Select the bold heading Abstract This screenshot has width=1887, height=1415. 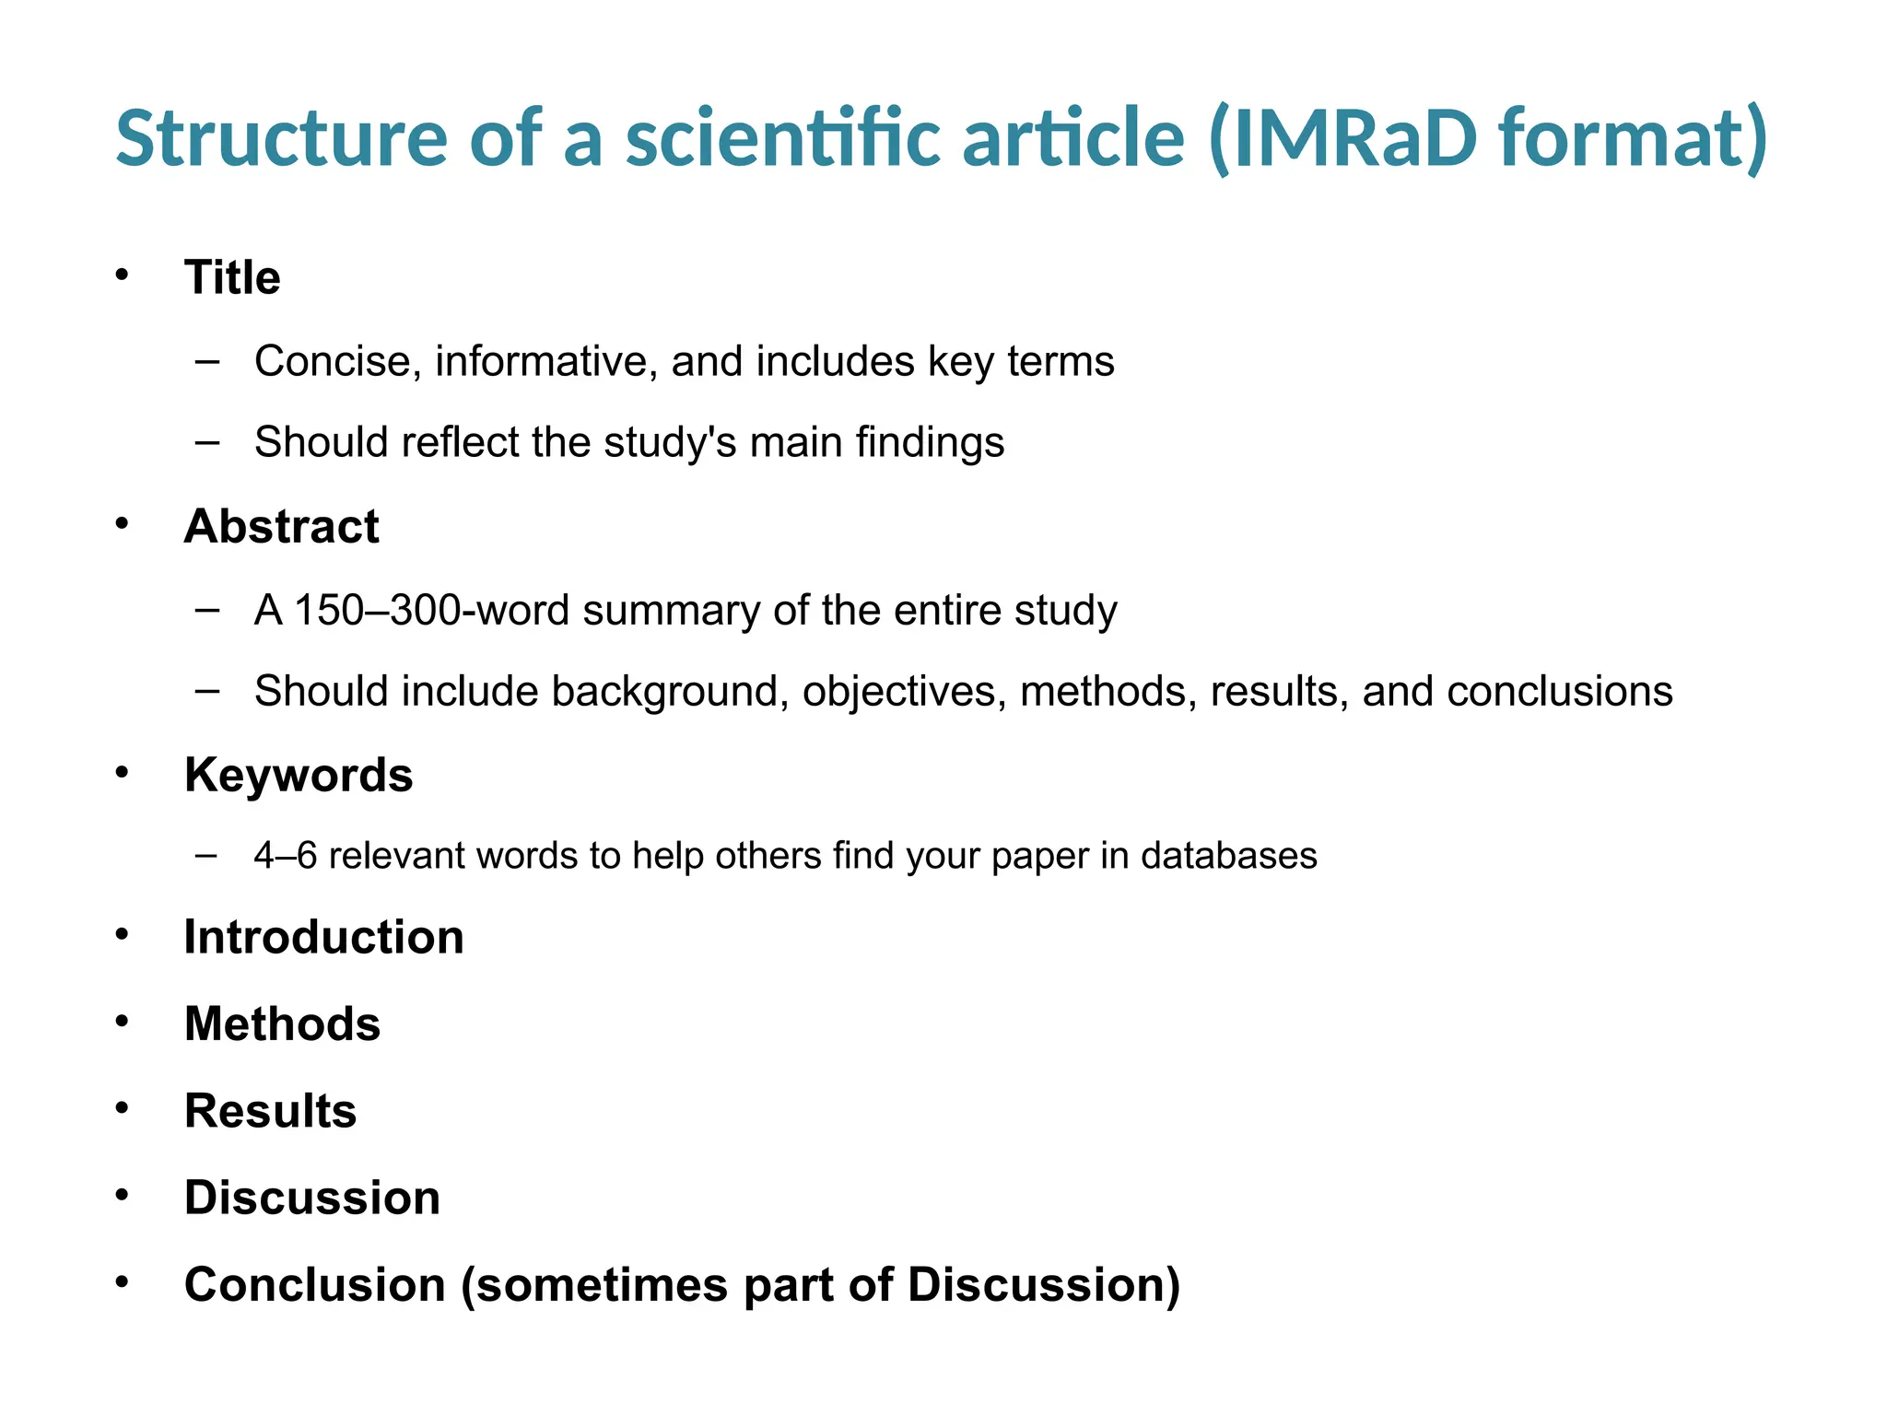tap(281, 527)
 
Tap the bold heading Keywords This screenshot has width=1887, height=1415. tap(299, 776)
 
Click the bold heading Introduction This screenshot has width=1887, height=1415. tap(323, 938)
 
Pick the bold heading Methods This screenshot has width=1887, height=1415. tap(282, 1024)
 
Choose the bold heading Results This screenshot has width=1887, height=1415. tap(270, 1111)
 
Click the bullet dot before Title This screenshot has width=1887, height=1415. tap(122, 275)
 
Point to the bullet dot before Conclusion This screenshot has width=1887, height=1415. tap(122, 1282)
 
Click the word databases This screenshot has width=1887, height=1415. tap(1228, 857)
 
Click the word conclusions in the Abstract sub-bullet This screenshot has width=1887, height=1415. tap(1559, 692)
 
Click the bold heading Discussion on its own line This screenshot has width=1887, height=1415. tap(311, 1199)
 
